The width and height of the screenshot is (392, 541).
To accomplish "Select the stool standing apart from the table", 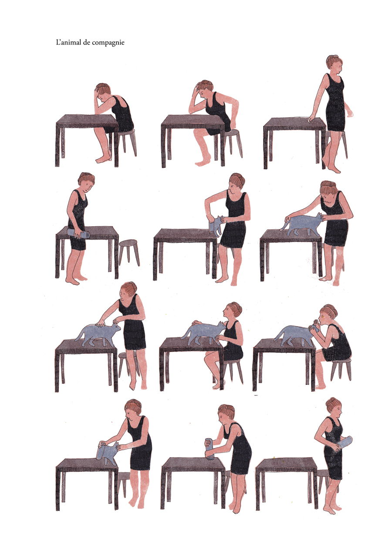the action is point(129,252).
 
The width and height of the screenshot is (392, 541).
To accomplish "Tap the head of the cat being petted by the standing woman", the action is point(116,327).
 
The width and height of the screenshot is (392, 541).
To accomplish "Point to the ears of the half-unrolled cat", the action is point(220,218).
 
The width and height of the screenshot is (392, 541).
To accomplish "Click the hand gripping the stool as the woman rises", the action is point(233,126).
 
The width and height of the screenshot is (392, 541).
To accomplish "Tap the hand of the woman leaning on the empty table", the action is point(311,119).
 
